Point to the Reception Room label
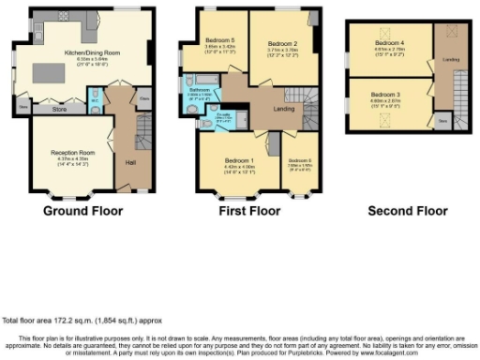click(64, 153)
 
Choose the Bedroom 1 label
click(236, 160)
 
